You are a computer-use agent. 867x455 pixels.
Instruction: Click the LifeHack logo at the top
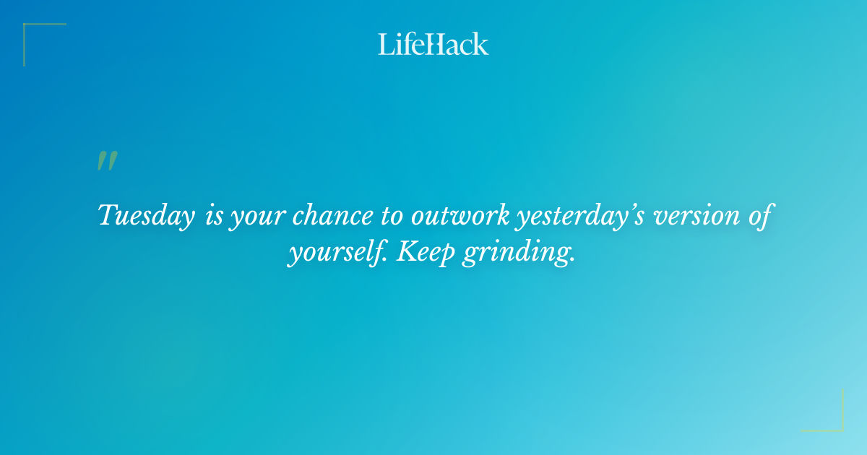[433, 44]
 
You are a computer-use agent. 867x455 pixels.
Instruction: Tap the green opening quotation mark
[107, 161]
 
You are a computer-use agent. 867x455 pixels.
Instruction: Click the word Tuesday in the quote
[146, 216]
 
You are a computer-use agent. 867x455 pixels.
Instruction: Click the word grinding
[519, 253]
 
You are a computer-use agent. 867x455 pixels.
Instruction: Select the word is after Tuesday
[214, 216]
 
